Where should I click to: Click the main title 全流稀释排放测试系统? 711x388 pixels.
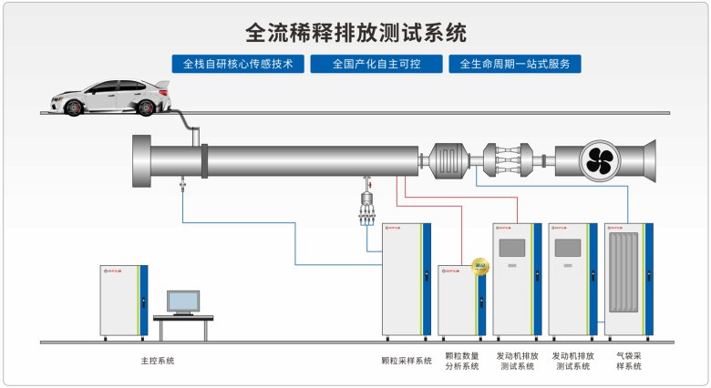click(x=356, y=34)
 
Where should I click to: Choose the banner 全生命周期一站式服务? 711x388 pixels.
click(x=515, y=65)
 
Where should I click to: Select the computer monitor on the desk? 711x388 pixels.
click(x=183, y=301)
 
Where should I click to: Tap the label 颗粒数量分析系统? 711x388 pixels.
click(x=461, y=362)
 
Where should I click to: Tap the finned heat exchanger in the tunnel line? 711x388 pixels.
click(x=448, y=159)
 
